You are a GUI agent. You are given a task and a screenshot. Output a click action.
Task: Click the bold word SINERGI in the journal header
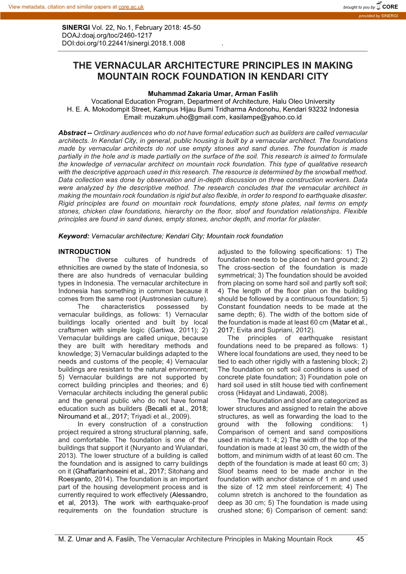click(76, 27)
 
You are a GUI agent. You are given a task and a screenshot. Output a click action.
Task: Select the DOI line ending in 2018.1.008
click(123, 43)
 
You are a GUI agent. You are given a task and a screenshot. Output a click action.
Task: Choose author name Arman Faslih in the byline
click(256, 94)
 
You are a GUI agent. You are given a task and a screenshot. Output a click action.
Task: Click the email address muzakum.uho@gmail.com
click(185, 117)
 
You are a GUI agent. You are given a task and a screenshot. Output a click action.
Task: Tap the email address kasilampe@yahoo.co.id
click(265, 117)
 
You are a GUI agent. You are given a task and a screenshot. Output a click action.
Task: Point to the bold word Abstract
click(72, 133)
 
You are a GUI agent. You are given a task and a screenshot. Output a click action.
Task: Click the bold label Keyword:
click(74, 236)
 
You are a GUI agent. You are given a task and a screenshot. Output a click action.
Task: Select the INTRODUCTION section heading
click(84, 252)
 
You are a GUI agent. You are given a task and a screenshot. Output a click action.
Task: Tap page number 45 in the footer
click(360, 539)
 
